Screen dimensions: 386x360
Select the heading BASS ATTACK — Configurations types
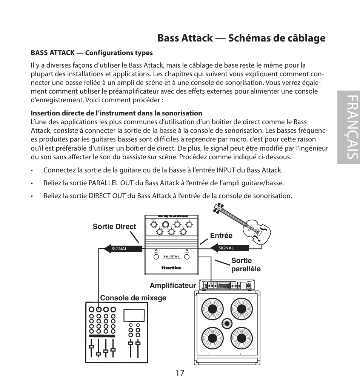click(x=92, y=53)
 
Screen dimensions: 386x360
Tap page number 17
click(x=180, y=373)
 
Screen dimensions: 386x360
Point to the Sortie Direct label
click(x=114, y=227)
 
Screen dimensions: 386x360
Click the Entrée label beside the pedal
click(x=221, y=235)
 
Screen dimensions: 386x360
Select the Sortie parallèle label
click(x=246, y=265)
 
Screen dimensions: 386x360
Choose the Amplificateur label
click(x=173, y=286)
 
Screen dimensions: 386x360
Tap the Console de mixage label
click(x=133, y=298)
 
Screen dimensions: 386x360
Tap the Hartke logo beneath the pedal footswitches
click(x=172, y=268)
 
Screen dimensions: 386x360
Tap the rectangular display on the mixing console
click(x=134, y=315)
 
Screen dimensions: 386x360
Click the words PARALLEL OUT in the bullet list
click(x=111, y=183)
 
